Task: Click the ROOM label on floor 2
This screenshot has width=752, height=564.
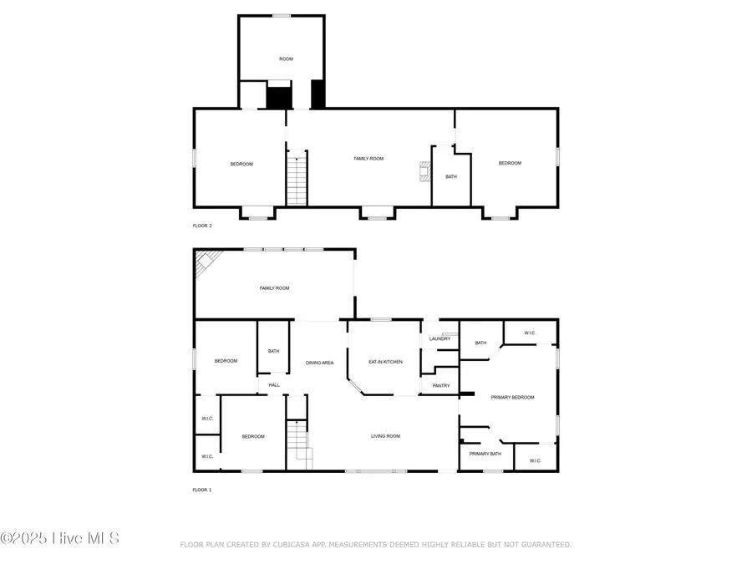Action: [287, 58]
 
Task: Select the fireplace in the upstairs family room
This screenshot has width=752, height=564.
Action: [425, 172]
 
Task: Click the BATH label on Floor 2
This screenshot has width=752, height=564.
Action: [451, 176]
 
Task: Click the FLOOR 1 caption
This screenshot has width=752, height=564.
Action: [201, 490]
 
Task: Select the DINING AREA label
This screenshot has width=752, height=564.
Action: [319, 363]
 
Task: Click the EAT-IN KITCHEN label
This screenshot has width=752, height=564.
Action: [386, 362]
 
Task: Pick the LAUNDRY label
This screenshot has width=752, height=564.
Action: [440, 338]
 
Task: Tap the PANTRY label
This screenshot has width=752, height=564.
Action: [441, 385]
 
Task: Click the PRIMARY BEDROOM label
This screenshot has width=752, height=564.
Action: [512, 397]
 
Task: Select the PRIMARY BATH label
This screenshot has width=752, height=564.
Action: [485, 454]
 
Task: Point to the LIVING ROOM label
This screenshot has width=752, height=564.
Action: [386, 435]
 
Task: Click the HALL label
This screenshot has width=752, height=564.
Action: [274, 385]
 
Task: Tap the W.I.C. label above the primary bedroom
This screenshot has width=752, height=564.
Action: [530, 333]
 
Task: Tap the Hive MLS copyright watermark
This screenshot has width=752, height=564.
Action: [60, 538]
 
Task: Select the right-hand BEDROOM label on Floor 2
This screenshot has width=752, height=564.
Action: [510, 163]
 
